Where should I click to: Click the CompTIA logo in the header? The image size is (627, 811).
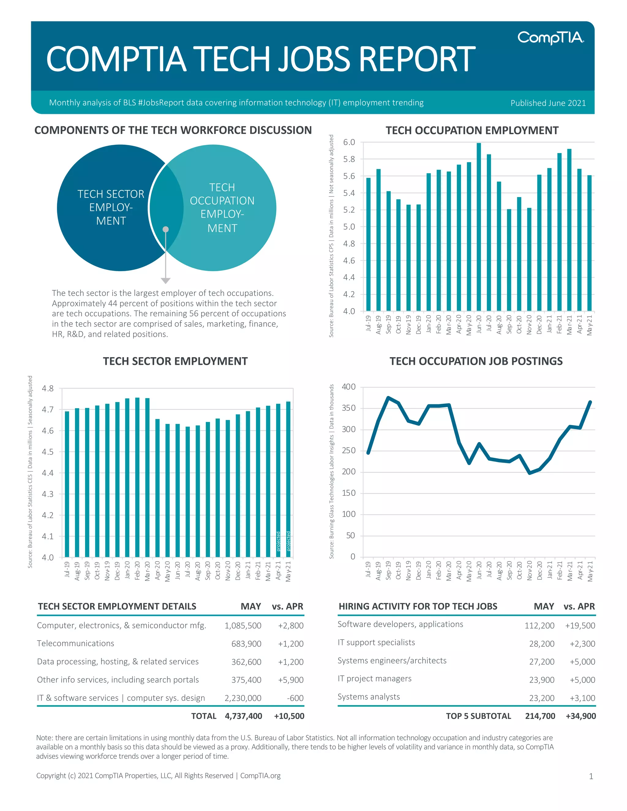click(550, 38)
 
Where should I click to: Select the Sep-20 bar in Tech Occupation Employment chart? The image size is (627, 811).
click(509, 260)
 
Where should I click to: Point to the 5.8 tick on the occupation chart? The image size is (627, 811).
click(349, 159)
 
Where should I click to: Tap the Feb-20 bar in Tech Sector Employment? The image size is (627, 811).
click(137, 477)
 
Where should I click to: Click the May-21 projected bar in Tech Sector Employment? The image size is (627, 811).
click(288, 479)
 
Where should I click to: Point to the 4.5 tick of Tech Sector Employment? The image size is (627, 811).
click(47, 452)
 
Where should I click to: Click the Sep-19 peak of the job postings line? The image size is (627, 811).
click(388, 398)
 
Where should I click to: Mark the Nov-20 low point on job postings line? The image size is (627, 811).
click(529, 473)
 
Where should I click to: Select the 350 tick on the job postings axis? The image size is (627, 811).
click(348, 408)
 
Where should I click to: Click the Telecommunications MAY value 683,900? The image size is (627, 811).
click(246, 644)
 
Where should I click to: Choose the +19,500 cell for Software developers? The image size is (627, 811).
click(580, 626)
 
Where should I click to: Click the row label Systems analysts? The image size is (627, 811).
click(369, 697)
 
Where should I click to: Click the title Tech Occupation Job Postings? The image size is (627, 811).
click(476, 361)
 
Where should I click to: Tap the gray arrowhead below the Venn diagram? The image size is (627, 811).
click(166, 281)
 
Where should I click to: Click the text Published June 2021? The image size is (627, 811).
click(548, 103)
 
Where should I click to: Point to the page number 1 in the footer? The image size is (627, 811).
click(591, 776)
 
